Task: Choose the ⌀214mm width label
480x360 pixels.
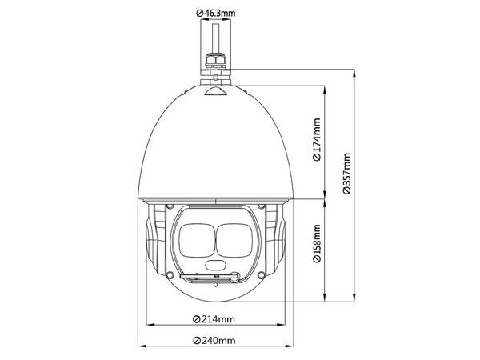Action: [x=214, y=319]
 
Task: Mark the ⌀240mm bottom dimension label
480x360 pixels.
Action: [x=214, y=341]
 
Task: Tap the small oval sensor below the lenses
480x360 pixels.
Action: [x=215, y=264]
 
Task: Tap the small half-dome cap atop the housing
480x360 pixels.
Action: [x=217, y=90]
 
